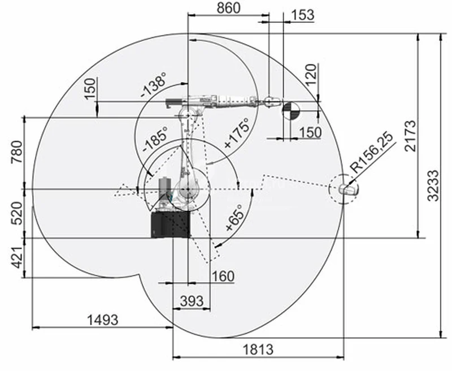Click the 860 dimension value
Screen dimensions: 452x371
[x=228, y=8]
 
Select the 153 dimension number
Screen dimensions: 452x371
[x=303, y=15]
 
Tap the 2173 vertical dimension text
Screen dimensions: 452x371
[x=411, y=136]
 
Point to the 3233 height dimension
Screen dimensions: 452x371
[x=433, y=185]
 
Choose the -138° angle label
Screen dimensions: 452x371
[x=154, y=85]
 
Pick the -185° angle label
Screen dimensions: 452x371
[x=155, y=139]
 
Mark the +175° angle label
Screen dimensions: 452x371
[x=236, y=133]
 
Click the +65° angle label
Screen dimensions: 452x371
[x=234, y=218]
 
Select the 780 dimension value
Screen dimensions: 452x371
[x=17, y=152]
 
